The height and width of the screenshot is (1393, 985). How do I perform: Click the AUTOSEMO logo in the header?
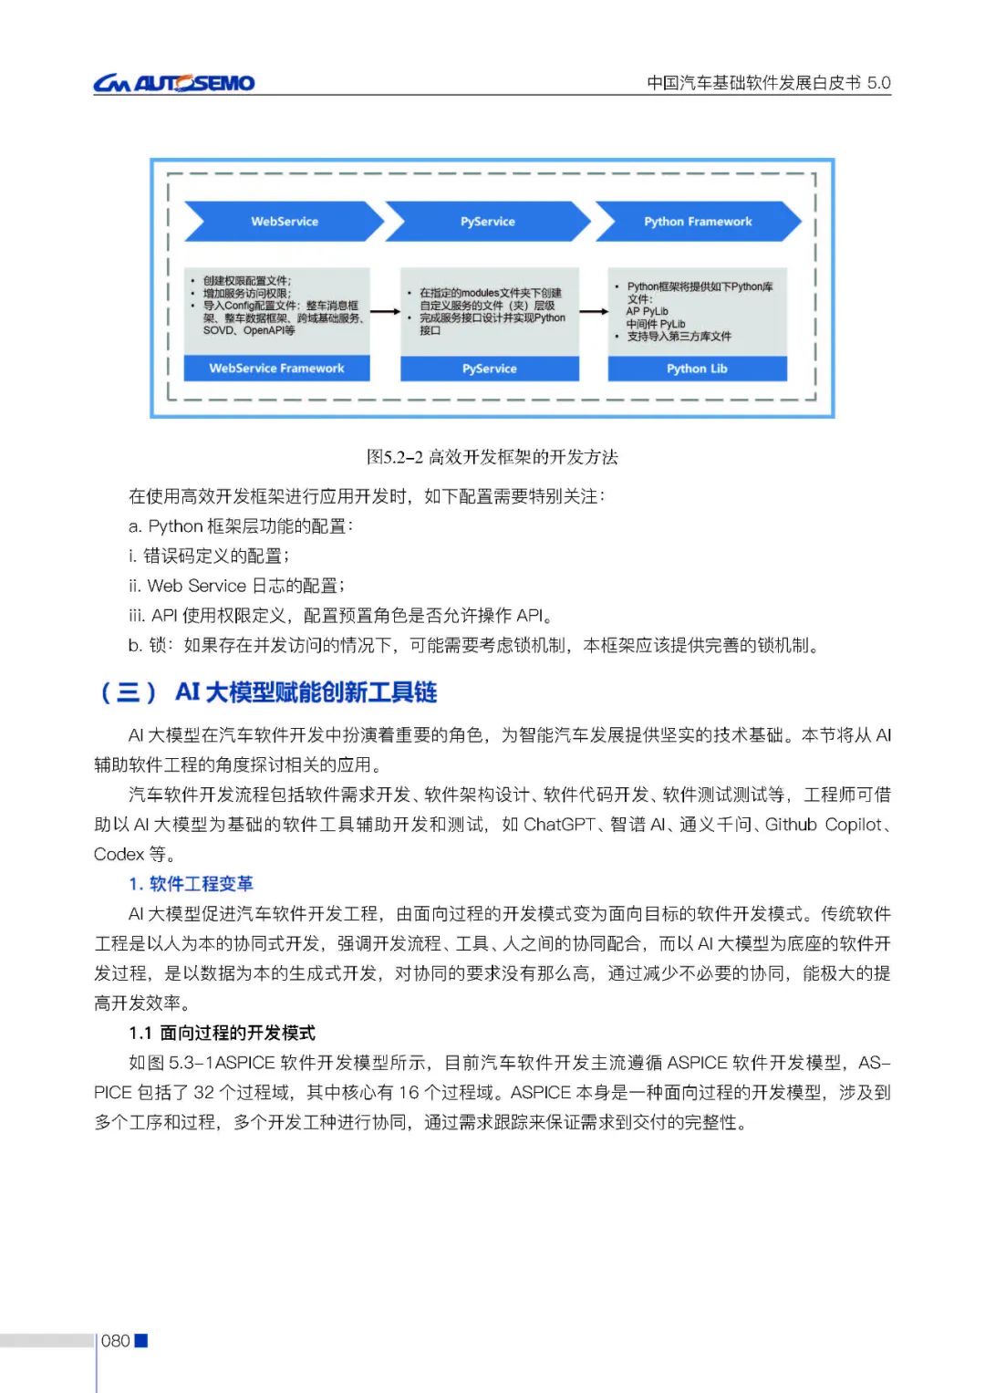[x=173, y=83]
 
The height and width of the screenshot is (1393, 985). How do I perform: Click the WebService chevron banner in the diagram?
[x=284, y=222]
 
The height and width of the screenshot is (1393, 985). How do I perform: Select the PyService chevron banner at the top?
[x=487, y=222]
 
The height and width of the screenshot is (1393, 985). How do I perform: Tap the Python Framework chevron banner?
[x=698, y=222]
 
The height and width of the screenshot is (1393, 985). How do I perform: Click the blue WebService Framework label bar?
[x=276, y=369]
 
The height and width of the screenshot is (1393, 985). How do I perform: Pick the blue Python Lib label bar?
[x=697, y=369]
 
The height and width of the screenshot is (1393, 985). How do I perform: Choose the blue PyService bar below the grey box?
[x=490, y=369]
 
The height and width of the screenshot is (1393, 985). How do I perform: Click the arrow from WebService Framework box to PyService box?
[x=385, y=312]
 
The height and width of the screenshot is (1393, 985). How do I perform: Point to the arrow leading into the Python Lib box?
[x=594, y=312]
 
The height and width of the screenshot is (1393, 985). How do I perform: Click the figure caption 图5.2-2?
[x=492, y=457]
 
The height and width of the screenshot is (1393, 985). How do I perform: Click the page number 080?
[x=116, y=1340]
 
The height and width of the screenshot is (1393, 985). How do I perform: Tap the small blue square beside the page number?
[x=141, y=1340]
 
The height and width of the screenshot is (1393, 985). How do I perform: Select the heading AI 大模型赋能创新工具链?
[x=306, y=692]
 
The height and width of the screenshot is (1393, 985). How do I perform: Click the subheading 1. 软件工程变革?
[x=191, y=883]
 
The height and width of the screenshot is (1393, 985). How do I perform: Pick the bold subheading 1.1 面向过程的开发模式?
[x=222, y=1033]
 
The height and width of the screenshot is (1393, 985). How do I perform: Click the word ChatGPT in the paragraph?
[x=559, y=825]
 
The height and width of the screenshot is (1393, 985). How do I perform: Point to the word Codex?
[x=119, y=854]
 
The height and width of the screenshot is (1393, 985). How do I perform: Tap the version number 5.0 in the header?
[x=878, y=83]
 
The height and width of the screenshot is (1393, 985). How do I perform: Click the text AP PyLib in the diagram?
[x=647, y=311]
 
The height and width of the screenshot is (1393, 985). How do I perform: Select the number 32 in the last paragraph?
[x=204, y=1092]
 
